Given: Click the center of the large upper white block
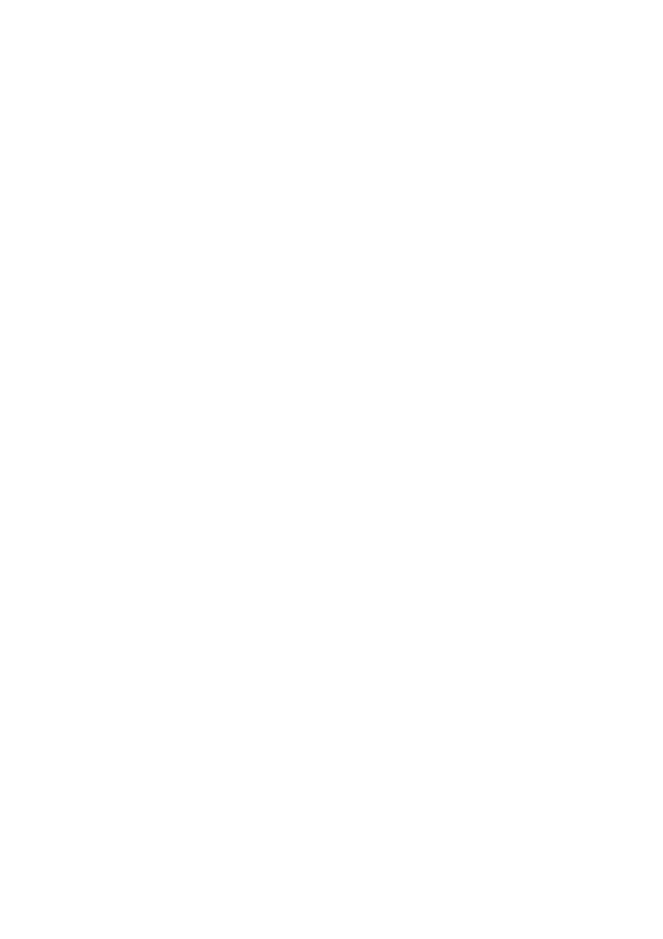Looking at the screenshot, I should [328, 274].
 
